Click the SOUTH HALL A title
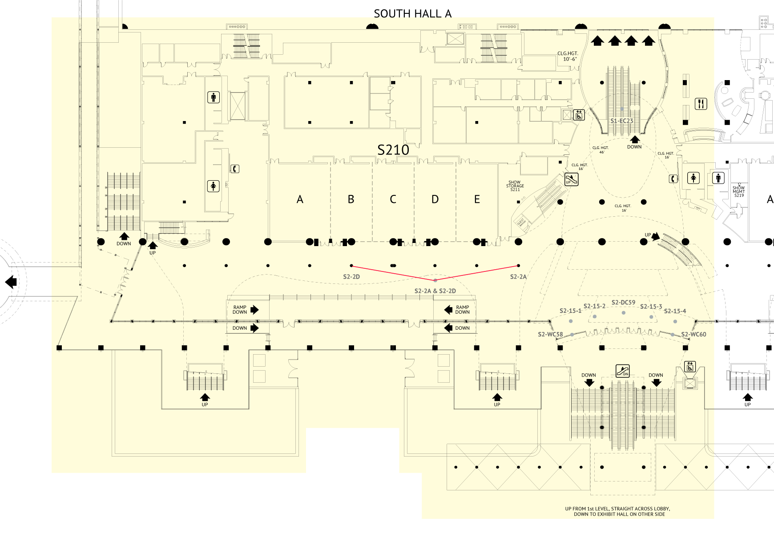[412, 14]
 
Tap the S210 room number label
[393, 150]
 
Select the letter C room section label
[393, 199]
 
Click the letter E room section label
[477, 199]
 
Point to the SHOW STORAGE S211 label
[515, 186]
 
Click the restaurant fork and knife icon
[701, 104]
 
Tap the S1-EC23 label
[621, 121]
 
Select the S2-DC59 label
[623, 303]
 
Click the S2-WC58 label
[550, 334]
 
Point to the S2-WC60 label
[693, 334]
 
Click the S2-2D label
[351, 277]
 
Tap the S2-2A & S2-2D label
[435, 291]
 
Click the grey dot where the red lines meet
[435, 280]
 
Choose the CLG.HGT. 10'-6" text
[568, 56]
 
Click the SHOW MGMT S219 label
[739, 191]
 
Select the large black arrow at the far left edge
[11, 282]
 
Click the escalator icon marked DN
[623, 370]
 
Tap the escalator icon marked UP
[572, 179]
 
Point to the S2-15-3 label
[651, 307]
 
